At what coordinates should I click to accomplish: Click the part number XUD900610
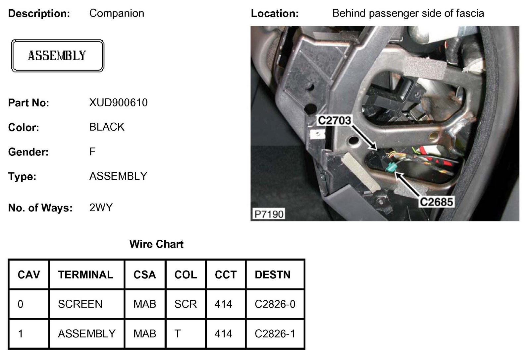[x=118, y=103]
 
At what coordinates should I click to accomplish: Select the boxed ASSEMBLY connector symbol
[x=57, y=56]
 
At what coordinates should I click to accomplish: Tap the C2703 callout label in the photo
[x=334, y=120]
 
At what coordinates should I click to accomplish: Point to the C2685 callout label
[x=436, y=202]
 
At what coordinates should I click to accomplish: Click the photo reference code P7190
[x=269, y=214]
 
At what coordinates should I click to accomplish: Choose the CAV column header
[x=29, y=274]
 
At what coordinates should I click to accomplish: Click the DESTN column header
[x=272, y=274]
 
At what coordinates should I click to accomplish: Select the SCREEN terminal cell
[x=80, y=304]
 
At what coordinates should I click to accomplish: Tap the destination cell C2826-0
[x=275, y=304]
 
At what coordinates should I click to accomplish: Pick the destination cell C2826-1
[x=275, y=333]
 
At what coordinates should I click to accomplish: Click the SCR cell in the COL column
[x=185, y=304]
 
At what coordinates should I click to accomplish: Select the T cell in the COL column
[x=178, y=333]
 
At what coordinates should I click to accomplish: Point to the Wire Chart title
[x=156, y=244]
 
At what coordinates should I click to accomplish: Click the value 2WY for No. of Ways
[x=101, y=208]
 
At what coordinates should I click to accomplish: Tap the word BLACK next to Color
[x=107, y=127]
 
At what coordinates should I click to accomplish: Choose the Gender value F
[x=92, y=152]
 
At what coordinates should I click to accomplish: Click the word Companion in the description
[x=117, y=13]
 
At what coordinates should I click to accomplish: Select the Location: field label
[x=275, y=14]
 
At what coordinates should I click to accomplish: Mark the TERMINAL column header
[x=85, y=274]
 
